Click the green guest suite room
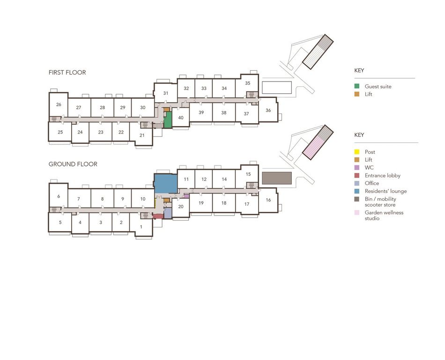coord(168,120)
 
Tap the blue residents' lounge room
coord(166,184)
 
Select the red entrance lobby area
coord(158,217)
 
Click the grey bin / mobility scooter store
coord(277,178)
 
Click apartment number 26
coord(59,105)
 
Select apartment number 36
coord(268,110)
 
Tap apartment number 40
coord(181,118)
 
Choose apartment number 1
coord(141,227)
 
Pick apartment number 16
coord(268,200)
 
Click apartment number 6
coord(59,196)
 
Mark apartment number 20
coord(181,206)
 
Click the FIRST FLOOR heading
coord(67,72)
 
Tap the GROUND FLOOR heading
coord(73,164)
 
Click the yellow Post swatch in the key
coord(357,152)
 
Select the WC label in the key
coord(369,167)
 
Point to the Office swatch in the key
coord(357,183)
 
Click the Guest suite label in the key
coord(378,86)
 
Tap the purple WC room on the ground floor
coord(186,196)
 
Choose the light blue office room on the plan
coord(168,213)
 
